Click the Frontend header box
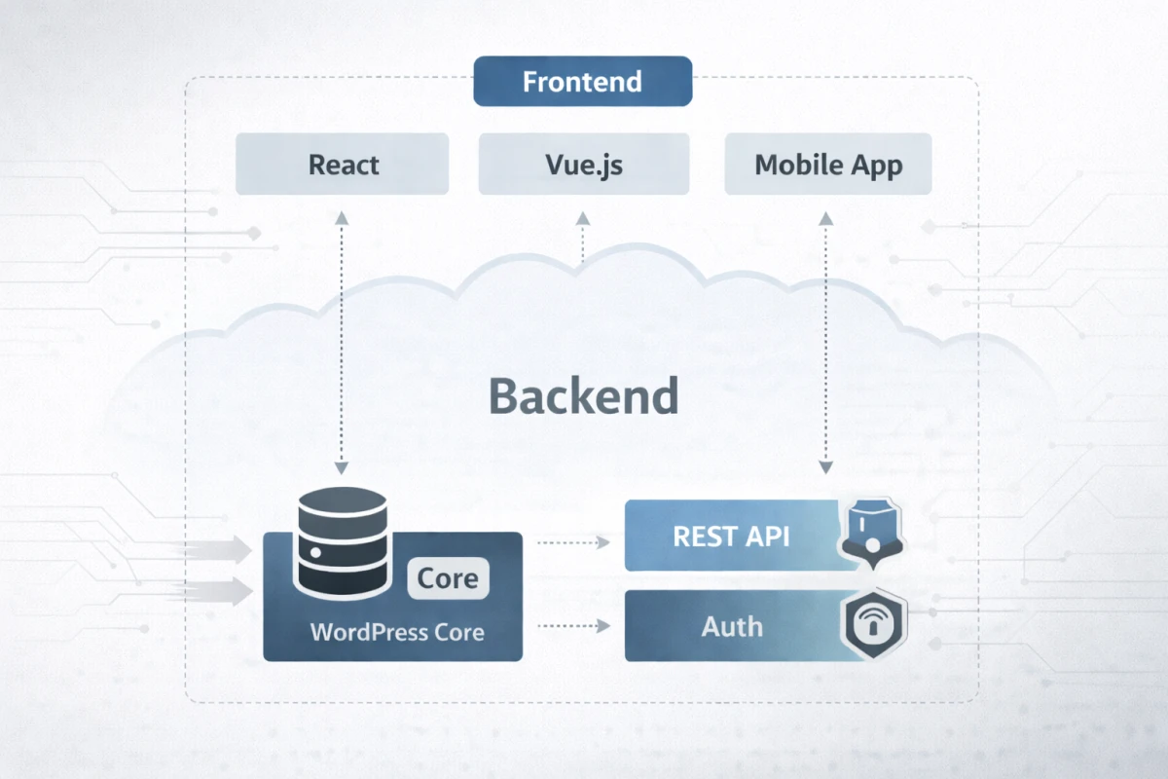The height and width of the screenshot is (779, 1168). pyautogui.click(x=582, y=81)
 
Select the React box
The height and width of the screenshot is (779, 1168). pyautogui.click(x=343, y=165)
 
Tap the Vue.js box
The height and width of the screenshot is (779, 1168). pyautogui.click(x=584, y=165)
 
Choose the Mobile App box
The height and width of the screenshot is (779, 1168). pyautogui.click(x=828, y=165)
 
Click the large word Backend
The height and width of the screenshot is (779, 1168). pyautogui.click(x=583, y=396)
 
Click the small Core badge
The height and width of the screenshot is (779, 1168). pyautogui.click(x=448, y=578)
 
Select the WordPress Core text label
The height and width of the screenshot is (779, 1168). pyautogui.click(x=397, y=632)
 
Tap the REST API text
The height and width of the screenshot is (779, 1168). pyautogui.click(x=731, y=536)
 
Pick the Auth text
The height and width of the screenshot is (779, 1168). pyautogui.click(x=732, y=625)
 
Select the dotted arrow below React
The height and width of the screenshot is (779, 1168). pyautogui.click(x=342, y=341)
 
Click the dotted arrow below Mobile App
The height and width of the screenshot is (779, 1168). pyautogui.click(x=825, y=341)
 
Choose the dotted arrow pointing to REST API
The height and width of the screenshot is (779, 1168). pyautogui.click(x=574, y=540)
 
